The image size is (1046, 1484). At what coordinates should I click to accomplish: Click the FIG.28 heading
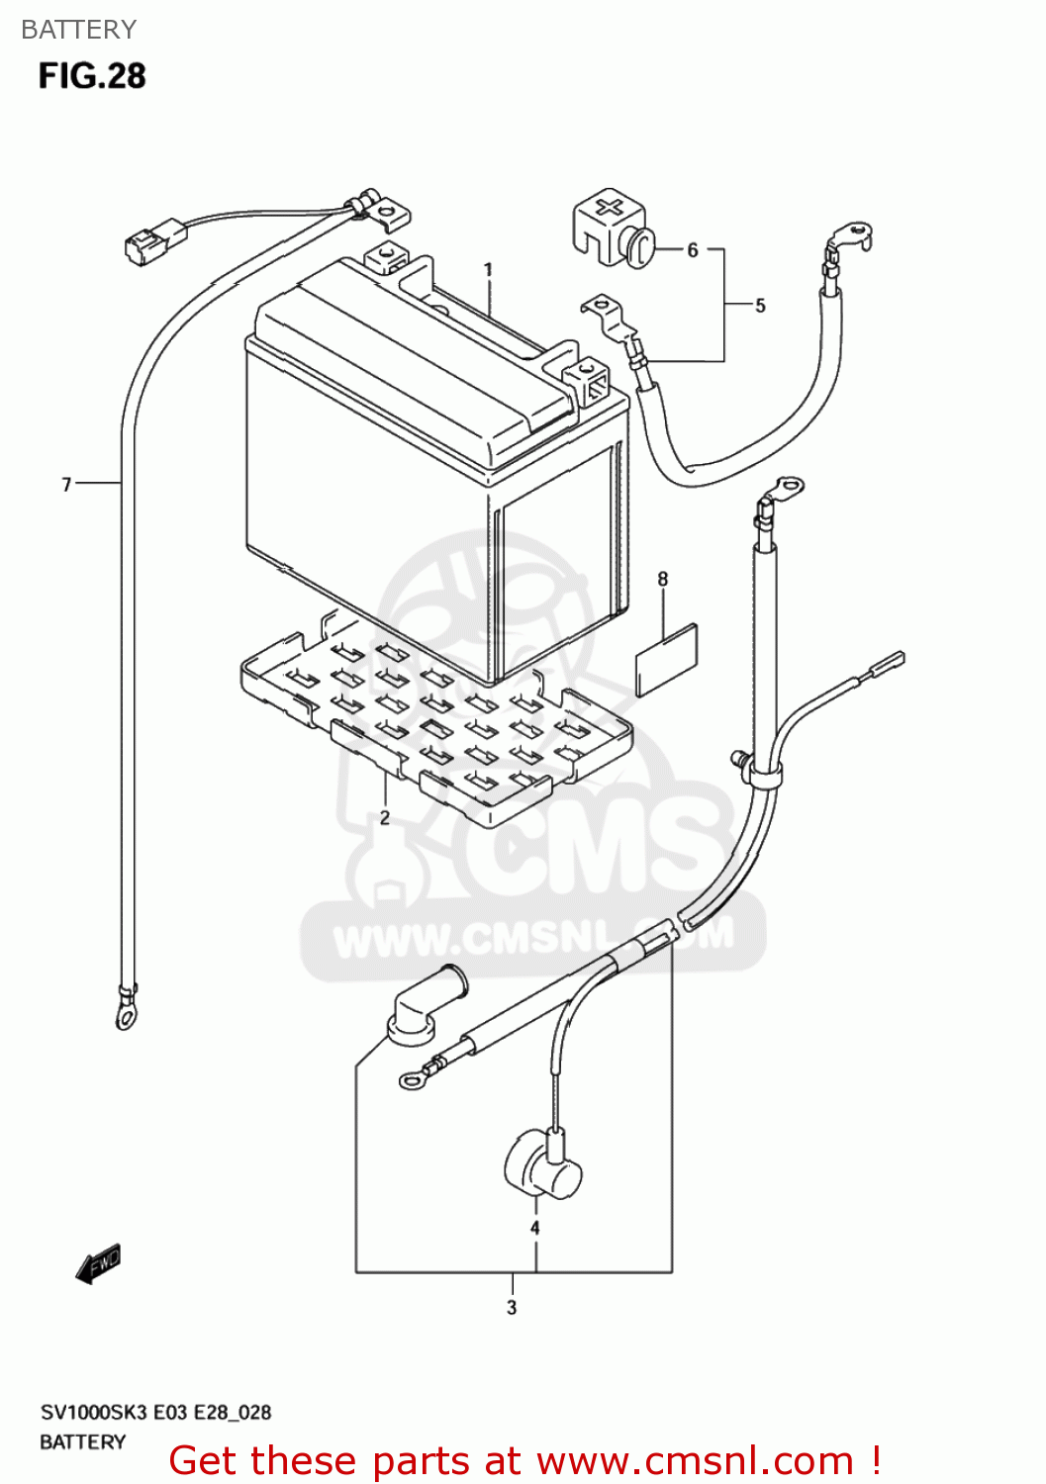pyautogui.click(x=92, y=76)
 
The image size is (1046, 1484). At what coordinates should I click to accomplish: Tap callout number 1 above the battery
pyautogui.click(x=488, y=269)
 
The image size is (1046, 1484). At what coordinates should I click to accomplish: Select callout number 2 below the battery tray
pyautogui.click(x=385, y=817)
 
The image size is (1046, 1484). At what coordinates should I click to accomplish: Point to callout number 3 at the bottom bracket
pyautogui.click(x=512, y=1307)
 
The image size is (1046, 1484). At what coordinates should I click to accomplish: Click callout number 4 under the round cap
pyautogui.click(x=534, y=1228)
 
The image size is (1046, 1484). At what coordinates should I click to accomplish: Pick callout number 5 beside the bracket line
pyautogui.click(x=760, y=306)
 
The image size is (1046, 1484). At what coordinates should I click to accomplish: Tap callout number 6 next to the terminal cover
pyautogui.click(x=693, y=250)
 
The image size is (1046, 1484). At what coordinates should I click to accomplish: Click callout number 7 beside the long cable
pyautogui.click(x=66, y=484)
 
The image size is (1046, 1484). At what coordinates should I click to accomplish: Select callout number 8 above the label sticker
pyautogui.click(x=663, y=579)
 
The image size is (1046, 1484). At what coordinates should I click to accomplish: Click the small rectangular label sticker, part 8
pyautogui.click(x=666, y=659)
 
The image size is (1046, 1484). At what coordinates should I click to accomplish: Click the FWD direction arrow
pyautogui.click(x=99, y=1263)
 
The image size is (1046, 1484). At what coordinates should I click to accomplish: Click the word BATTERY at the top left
pyautogui.click(x=78, y=30)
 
